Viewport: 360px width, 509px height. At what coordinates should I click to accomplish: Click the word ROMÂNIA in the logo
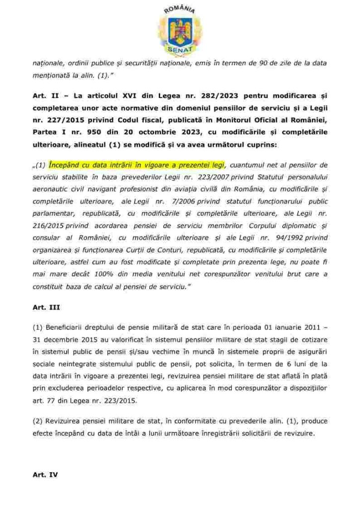point(180,9)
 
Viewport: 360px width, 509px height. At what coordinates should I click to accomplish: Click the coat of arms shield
point(180,30)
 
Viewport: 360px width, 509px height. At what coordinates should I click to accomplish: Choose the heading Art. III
point(46,307)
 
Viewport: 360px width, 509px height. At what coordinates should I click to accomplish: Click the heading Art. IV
point(45,475)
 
